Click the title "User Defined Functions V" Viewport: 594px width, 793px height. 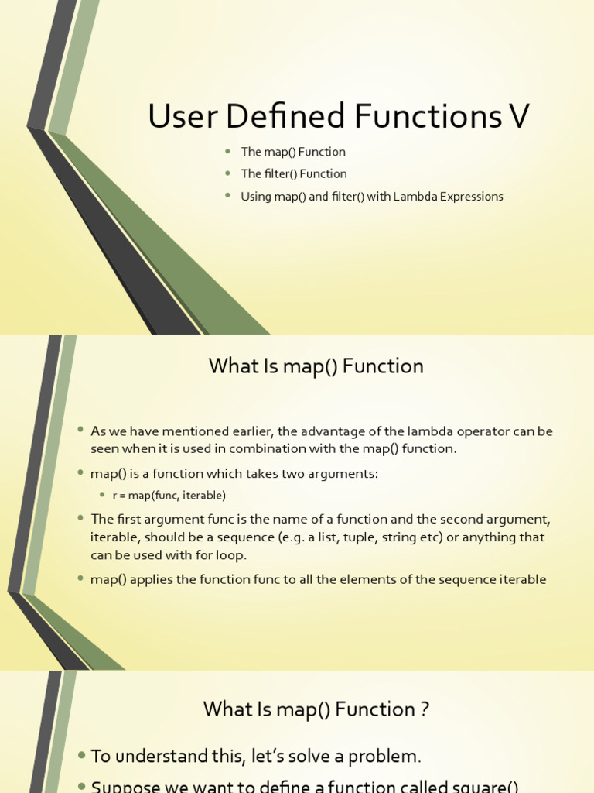pyautogui.click(x=338, y=116)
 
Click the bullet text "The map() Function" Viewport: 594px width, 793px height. pyautogui.click(x=293, y=152)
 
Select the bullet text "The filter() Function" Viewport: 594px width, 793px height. pyautogui.click(x=294, y=173)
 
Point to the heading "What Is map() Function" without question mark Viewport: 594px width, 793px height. pyautogui.click(x=316, y=366)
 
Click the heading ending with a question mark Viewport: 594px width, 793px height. pyautogui.click(x=316, y=709)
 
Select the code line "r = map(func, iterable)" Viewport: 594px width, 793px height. pyautogui.click(x=169, y=495)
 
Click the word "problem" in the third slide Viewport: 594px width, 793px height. pyautogui.click(x=386, y=757)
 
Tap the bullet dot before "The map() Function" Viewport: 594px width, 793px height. pyautogui.click(x=228, y=152)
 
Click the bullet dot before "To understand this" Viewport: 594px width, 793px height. pyautogui.click(x=81, y=755)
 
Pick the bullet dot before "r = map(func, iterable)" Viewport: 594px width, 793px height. pyautogui.click(x=102, y=495)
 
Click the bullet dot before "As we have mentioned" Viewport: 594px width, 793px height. pyautogui.click(x=81, y=431)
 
